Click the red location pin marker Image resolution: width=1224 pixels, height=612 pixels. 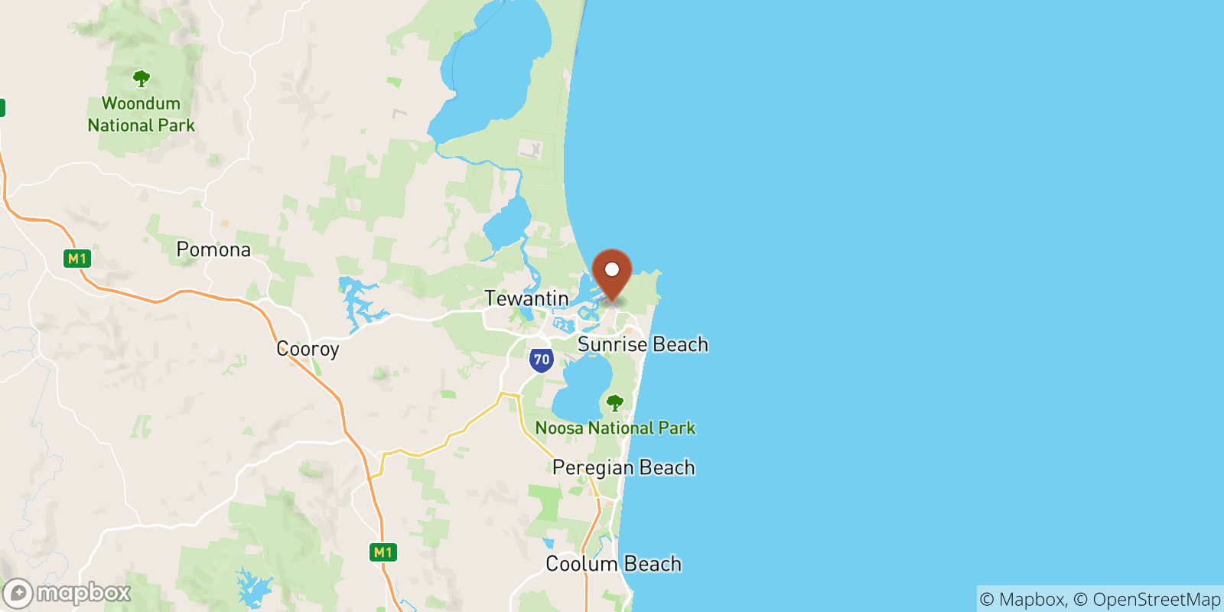coord(612,275)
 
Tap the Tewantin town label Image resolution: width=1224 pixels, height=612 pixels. coord(526,298)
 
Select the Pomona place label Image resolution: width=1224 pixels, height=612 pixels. coord(213,249)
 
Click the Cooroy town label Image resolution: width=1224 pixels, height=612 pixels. coord(308,349)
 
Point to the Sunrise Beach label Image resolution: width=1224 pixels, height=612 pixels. coord(643,344)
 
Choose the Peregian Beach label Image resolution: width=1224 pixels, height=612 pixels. coord(623,467)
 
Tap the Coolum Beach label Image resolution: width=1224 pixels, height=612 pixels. coord(614,564)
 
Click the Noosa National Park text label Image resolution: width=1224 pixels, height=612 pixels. coord(615,428)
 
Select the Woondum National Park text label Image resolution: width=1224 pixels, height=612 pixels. coord(142,114)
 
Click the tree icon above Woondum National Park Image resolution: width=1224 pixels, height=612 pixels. coord(141,78)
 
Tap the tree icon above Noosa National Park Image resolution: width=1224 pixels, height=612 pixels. coord(614,402)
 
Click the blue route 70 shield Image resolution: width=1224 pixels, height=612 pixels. coord(542,360)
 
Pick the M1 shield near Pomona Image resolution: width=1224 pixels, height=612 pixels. coord(77,259)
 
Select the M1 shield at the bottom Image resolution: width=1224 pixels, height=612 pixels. coord(383,552)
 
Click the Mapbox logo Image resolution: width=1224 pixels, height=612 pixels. coord(67,593)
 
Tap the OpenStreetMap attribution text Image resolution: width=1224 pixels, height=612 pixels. coord(1156,599)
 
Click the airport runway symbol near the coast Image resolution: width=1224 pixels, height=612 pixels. coord(532,149)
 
